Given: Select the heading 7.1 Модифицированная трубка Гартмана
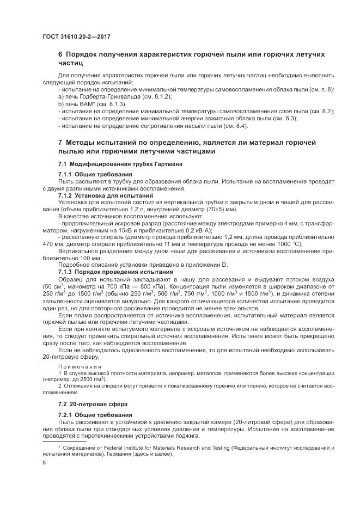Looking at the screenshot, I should tap(117, 164).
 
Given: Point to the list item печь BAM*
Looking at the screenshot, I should tap(82, 103).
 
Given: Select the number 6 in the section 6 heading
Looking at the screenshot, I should tap(60, 55).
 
